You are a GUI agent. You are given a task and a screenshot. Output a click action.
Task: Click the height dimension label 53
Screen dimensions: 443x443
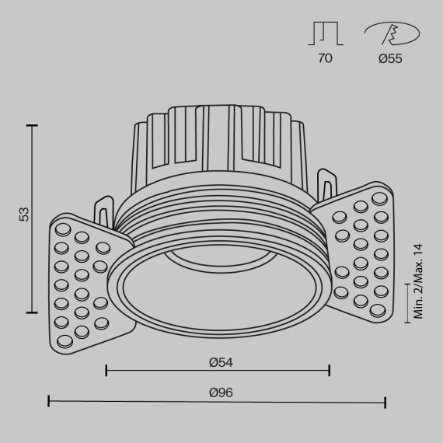point(24,214)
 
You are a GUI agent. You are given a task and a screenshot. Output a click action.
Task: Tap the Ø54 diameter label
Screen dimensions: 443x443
point(221,361)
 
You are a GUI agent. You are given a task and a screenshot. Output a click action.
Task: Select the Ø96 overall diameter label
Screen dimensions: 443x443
point(221,392)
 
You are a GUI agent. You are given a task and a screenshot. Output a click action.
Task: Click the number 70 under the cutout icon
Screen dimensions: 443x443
point(325,59)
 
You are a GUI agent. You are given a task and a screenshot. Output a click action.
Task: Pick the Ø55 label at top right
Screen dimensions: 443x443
point(391,59)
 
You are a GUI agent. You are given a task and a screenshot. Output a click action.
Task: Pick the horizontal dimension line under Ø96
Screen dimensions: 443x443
point(218,402)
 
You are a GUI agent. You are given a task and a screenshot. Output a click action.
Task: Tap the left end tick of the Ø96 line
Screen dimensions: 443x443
point(49,402)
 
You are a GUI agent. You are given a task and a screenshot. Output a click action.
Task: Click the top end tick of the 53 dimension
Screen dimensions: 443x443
point(32,124)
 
